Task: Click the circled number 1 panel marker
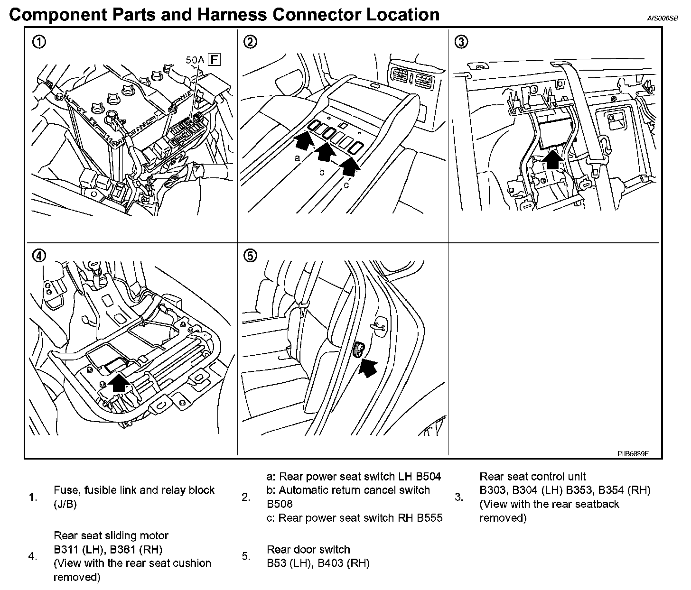pos(39,42)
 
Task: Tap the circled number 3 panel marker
pos(460,42)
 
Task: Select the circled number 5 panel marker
pos(250,256)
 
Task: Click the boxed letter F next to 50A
pos(215,59)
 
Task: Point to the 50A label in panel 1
pos(196,60)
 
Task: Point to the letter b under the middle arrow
pos(322,172)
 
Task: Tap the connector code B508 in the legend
pos(280,504)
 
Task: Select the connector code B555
pos(429,517)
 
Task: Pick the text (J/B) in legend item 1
pos(65,504)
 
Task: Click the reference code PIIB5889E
pos(633,453)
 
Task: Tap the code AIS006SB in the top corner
pos(663,18)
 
